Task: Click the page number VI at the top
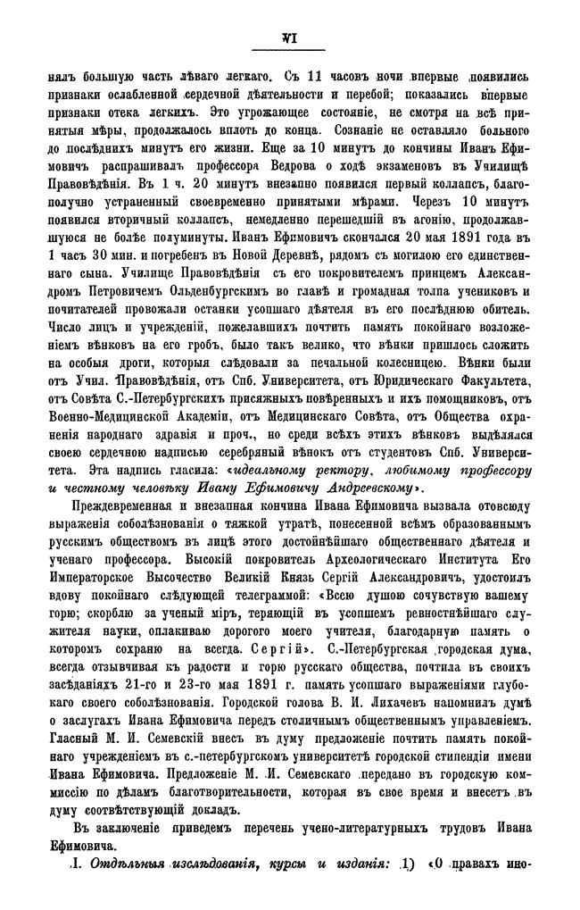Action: pyautogui.click(x=288, y=37)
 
